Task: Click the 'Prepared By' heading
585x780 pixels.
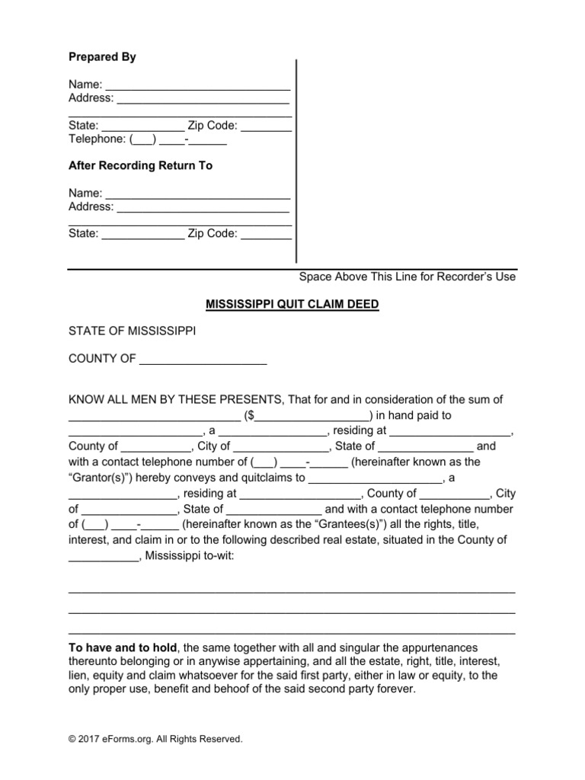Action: [102, 57]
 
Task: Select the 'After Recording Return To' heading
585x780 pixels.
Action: [140, 165]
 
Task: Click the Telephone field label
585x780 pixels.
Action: [97, 139]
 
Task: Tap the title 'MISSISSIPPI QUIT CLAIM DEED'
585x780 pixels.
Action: [292, 304]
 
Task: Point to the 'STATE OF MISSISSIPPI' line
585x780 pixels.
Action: [132, 331]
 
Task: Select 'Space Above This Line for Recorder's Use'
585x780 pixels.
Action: [407, 277]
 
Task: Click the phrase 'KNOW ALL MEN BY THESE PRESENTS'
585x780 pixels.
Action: [175, 400]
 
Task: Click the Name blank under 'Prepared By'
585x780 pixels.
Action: [197, 85]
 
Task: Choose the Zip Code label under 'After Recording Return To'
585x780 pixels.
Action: [213, 234]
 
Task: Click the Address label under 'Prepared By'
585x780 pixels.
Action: [91, 98]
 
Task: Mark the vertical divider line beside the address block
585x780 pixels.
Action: [296, 160]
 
